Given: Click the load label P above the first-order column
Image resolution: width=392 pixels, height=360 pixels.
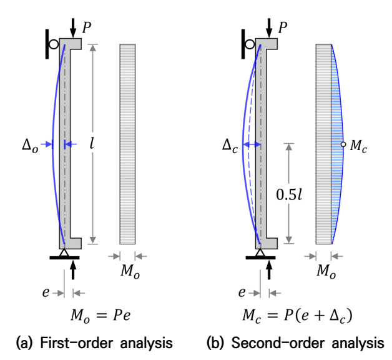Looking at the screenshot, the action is (x=87, y=27).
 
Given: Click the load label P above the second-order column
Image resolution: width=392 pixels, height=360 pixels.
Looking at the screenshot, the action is (x=283, y=27).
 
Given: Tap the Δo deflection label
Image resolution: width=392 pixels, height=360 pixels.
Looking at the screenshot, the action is (x=30, y=145).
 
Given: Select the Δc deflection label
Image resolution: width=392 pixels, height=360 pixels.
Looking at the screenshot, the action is (x=230, y=145).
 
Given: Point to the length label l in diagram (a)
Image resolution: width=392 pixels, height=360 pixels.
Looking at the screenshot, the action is (x=92, y=144).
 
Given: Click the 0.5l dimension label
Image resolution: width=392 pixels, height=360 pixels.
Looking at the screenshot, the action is (x=289, y=194).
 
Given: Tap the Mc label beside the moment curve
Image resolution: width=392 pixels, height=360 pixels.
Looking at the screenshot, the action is (x=358, y=146).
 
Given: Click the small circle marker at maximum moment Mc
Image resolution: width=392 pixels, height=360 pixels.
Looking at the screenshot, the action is (x=343, y=144).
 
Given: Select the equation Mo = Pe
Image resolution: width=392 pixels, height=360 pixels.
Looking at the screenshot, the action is (x=100, y=316).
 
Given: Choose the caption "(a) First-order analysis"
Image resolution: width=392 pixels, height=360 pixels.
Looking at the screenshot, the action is (x=94, y=342).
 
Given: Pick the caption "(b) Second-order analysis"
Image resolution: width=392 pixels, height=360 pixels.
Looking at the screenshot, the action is (x=295, y=342).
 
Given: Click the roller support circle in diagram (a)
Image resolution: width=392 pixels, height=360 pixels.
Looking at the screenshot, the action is (x=54, y=44).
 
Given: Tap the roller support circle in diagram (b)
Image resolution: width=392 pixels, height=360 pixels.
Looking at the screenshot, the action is (x=250, y=44).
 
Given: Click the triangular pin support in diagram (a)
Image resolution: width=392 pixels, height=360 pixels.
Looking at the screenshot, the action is (x=64, y=253).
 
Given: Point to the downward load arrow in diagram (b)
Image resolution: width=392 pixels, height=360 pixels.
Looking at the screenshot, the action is (x=269, y=28).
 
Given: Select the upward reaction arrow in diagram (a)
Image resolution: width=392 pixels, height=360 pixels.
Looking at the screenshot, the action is (x=73, y=269).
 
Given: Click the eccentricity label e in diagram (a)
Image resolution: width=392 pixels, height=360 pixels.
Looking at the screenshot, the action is (x=46, y=292).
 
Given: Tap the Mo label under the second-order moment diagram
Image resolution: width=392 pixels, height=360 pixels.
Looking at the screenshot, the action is (x=326, y=272).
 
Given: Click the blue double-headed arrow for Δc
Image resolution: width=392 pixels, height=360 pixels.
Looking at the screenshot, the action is (x=252, y=144).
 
